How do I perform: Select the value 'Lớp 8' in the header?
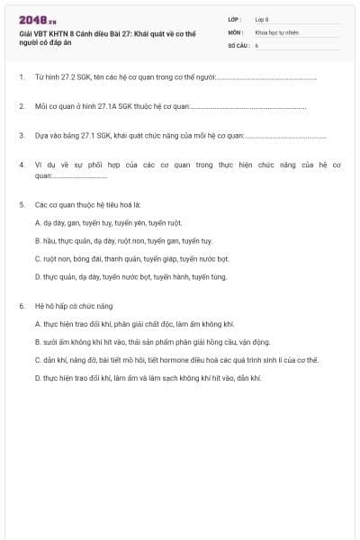pyautogui.click(x=262, y=18)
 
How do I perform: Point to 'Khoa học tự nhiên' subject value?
pyautogui.click(x=275, y=31)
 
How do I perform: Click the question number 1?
pyautogui.click(x=22, y=77)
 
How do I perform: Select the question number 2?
pyautogui.click(x=22, y=106)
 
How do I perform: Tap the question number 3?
pyautogui.click(x=22, y=136)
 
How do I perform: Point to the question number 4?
pyautogui.click(x=22, y=165)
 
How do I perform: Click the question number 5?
pyautogui.click(x=22, y=204)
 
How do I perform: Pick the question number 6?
pyautogui.click(x=22, y=306)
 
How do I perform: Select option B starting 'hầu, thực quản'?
pyautogui.click(x=123, y=240)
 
